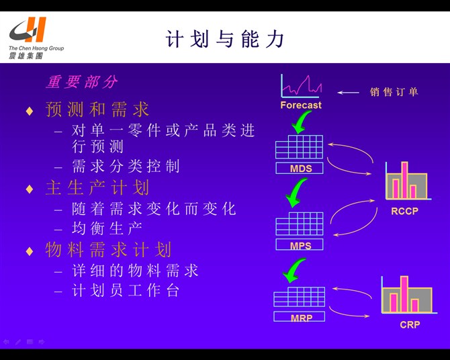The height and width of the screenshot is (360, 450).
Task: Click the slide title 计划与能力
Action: [225, 39]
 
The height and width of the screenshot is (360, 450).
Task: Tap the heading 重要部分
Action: [81, 82]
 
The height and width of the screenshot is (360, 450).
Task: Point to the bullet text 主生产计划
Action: [97, 187]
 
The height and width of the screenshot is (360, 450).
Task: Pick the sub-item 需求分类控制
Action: [126, 166]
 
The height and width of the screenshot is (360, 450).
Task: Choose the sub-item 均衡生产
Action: [107, 228]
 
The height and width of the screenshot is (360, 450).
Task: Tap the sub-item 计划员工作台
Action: [126, 291]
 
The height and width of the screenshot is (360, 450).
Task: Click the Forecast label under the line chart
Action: [301, 105]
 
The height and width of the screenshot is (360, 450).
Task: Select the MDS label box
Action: [300, 168]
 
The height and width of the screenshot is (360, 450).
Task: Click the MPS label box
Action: [300, 245]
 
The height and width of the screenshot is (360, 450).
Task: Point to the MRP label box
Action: [300, 317]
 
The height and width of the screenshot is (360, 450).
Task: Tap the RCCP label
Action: [404, 211]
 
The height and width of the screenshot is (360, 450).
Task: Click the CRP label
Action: [409, 325]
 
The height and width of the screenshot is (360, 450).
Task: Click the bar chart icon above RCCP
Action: [406, 179]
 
